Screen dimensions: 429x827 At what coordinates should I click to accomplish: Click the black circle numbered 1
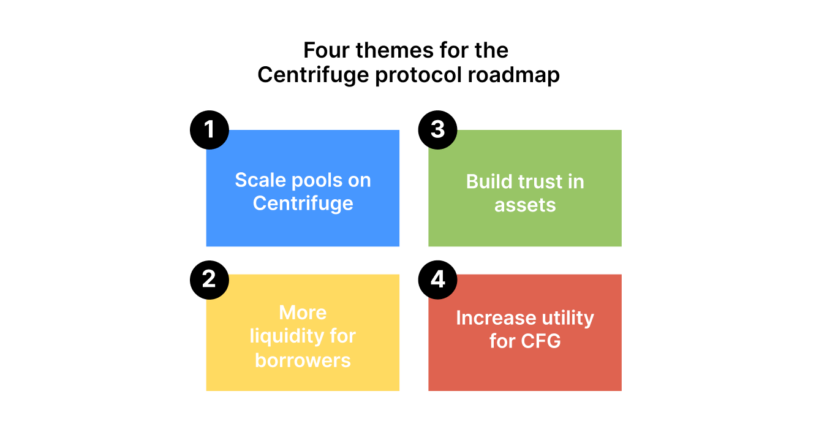tap(210, 130)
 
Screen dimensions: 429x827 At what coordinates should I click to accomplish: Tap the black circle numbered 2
tap(210, 279)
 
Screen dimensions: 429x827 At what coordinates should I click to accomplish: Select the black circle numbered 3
tap(437, 130)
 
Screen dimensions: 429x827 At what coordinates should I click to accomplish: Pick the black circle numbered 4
tap(437, 279)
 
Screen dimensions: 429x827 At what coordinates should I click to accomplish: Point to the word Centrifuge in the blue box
tap(303, 203)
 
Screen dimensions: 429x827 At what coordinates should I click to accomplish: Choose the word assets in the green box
tap(525, 205)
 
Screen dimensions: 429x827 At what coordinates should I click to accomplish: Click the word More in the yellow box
tap(303, 313)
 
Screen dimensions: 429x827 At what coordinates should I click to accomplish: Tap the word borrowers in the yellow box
tap(303, 360)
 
